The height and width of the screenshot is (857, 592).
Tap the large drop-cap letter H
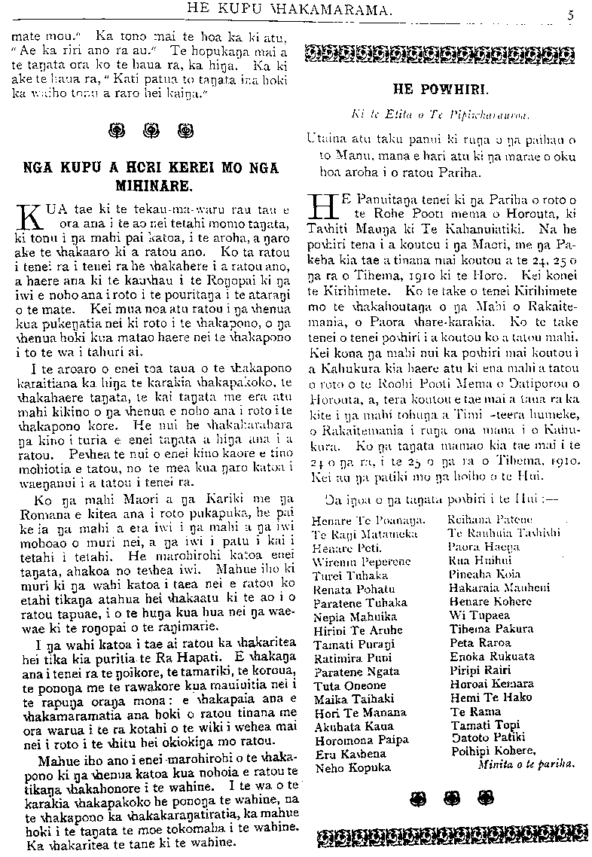point(322,208)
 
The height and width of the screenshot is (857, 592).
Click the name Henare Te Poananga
point(368,520)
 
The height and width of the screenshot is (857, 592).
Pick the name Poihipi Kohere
point(493,750)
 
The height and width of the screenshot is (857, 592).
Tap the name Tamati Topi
point(481,724)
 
